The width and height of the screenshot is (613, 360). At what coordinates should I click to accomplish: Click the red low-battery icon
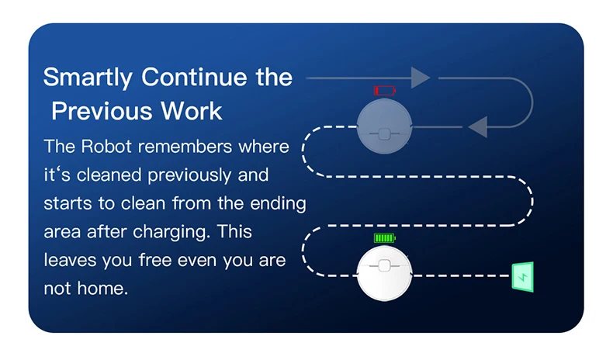[x=385, y=91]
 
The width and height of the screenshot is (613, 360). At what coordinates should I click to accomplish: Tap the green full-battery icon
[x=385, y=237]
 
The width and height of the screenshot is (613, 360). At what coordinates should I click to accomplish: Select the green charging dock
[x=523, y=277]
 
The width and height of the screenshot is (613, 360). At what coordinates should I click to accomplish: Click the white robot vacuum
[x=384, y=274]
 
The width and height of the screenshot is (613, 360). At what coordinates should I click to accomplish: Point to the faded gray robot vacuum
[x=384, y=126]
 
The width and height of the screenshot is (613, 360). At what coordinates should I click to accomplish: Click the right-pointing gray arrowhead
[x=421, y=78]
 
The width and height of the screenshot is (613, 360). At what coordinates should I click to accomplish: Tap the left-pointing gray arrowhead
[x=477, y=126]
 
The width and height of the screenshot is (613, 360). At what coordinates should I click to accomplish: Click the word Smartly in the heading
[x=88, y=78]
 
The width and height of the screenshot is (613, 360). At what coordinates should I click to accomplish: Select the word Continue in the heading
[x=194, y=77]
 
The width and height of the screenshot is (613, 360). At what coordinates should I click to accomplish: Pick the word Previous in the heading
[x=102, y=111]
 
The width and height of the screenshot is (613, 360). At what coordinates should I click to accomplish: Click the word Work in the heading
[x=192, y=111]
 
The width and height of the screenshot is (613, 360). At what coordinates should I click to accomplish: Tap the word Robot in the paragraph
[x=106, y=147]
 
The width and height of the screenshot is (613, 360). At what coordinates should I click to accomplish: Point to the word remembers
[x=185, y=147]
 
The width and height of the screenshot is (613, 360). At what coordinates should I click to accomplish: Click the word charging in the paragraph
[x=170, y=232]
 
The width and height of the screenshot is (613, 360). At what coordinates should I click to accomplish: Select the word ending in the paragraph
[x=278, y=204]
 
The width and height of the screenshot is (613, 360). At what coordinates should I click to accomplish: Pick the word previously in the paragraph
[x=189, y=175]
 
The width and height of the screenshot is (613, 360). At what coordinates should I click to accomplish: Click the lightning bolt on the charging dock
[x=523, y=277]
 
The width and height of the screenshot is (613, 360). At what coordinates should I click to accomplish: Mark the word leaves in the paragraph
[x=70, y=260]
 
